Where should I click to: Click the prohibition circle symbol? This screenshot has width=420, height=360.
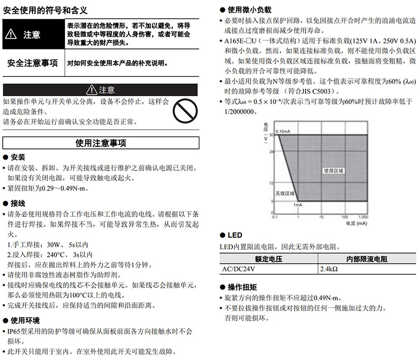click(186, 111)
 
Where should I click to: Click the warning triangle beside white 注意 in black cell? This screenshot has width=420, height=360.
click(11, 35)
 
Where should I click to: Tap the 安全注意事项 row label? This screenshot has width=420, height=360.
click(32, 63)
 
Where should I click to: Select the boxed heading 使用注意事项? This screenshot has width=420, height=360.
click(101, 143)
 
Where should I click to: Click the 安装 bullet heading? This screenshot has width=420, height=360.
click(18, 157)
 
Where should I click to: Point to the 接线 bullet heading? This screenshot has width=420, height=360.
click(18, 203)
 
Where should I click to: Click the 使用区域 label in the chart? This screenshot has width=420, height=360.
click(334, 171)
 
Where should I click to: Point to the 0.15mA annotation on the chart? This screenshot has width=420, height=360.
click(283, 131)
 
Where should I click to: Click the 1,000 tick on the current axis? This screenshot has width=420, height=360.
click(363, 217)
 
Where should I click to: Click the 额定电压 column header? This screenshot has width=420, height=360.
click(268, 259)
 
